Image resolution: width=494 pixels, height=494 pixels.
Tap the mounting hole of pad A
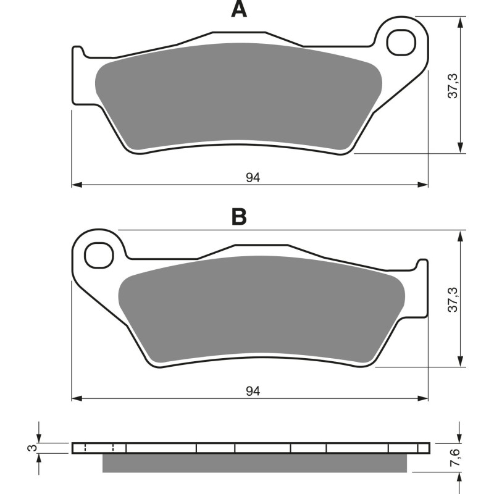[401, 42]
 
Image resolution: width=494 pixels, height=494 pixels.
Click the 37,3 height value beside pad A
[453, 85]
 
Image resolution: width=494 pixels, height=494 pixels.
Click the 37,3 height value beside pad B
[453, 299]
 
